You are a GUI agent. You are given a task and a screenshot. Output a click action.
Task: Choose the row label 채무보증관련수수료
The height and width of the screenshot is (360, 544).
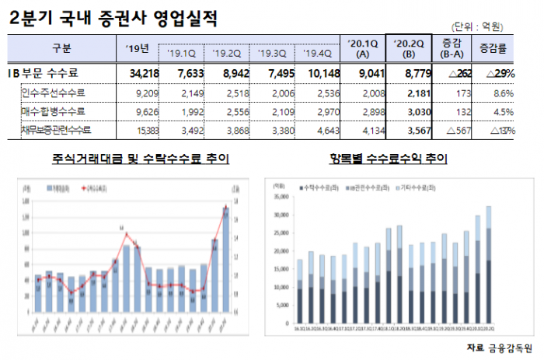[56, 128]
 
